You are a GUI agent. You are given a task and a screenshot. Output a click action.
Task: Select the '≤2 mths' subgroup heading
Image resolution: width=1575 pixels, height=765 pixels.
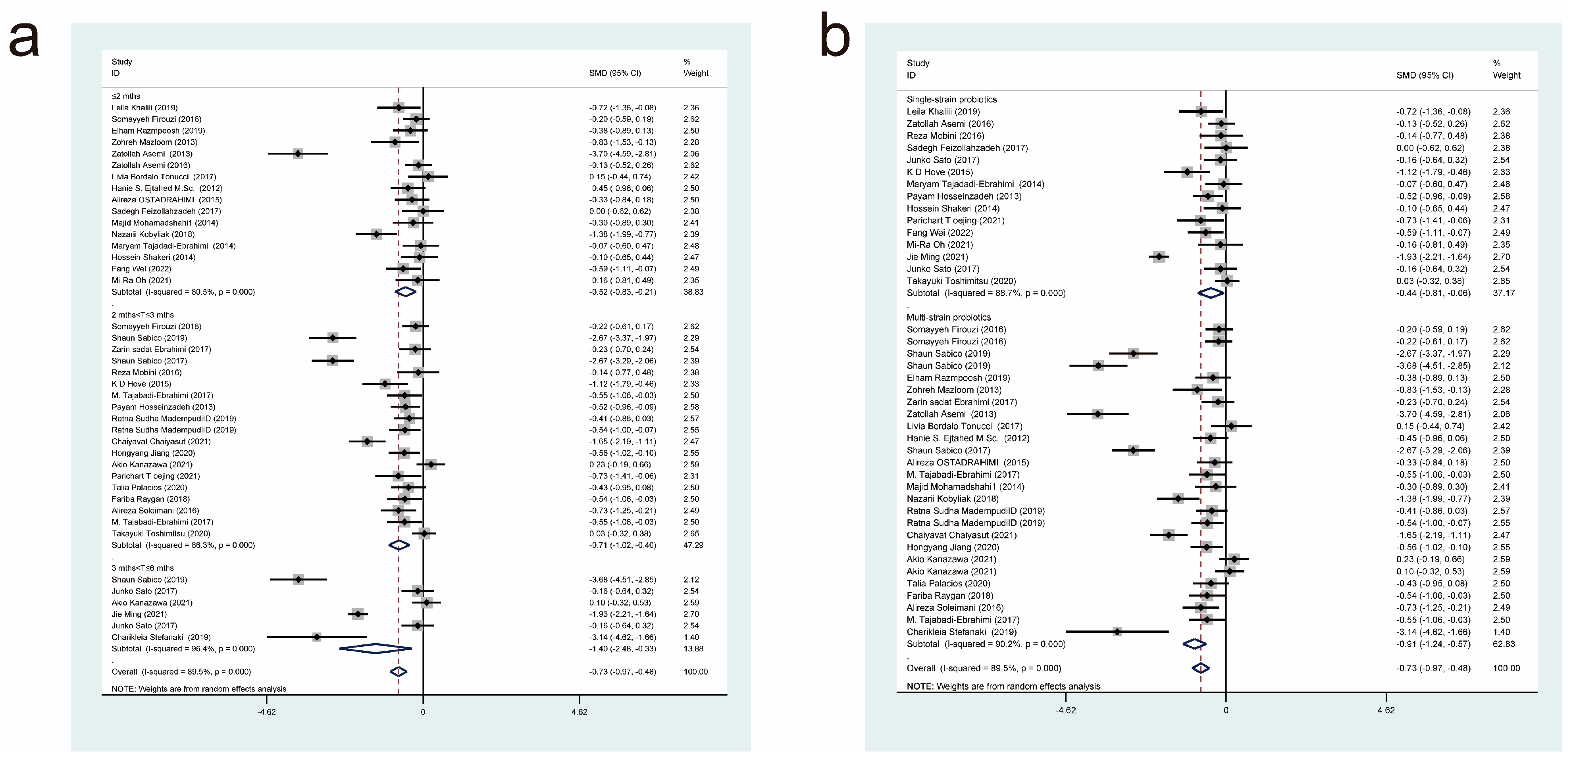[x=126, y=96]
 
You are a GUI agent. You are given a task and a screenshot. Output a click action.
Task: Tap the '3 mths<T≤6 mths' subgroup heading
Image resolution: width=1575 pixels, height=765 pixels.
[x=142, y=568]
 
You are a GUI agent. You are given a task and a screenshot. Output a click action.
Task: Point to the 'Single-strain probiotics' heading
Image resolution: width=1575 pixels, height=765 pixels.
[x=951, y=99]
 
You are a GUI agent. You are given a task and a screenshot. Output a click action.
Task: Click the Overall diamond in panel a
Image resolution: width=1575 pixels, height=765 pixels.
[x=399, y=671]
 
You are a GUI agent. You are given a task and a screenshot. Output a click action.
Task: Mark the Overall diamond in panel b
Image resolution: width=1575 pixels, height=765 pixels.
[x=1201, y=668]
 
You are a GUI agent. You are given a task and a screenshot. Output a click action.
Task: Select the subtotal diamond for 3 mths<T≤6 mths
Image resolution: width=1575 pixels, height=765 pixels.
[x=375, y=648]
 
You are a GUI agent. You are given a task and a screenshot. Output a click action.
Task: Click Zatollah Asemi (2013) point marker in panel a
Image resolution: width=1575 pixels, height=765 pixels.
[x=298, y=154]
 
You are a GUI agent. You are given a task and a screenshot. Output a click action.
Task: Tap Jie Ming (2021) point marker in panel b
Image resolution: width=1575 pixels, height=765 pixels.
[x=1159, y=257]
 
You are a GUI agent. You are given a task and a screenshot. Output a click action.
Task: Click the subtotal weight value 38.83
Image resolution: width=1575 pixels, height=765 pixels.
[x=693, y=292]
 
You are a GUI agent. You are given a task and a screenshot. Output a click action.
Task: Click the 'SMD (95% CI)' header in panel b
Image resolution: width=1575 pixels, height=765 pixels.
[x=1425, y=75]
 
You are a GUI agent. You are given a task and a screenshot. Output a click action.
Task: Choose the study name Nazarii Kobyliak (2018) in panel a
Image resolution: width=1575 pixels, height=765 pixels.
[x=153, y=234]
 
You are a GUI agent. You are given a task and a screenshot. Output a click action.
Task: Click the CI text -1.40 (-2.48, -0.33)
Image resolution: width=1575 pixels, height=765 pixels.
[x=622, y=648]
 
